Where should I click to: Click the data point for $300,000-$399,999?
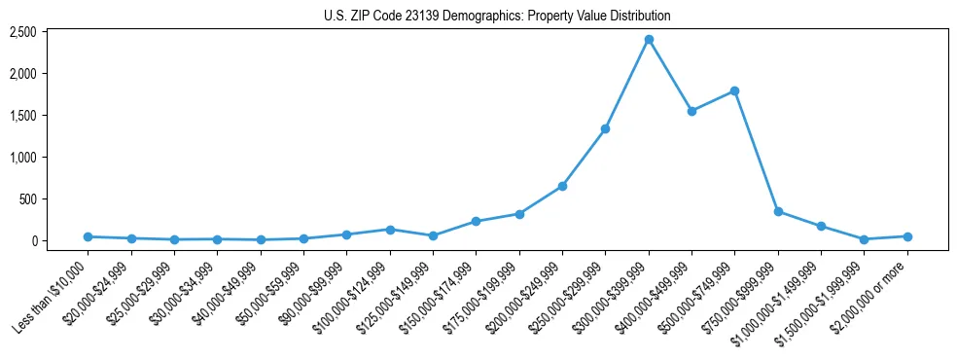[649, 40]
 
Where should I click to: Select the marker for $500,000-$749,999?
[735, 91]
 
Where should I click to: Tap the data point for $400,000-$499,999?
[691, 111]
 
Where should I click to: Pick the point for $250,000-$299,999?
[605, 128]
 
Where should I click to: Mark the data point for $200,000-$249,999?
[562, 186]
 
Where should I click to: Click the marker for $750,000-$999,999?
[778, 211]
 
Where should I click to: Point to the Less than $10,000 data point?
[88, 236]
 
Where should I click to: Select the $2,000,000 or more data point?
[907, 236]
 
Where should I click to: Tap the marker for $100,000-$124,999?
[390, 230]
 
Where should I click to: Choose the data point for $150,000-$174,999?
[476, 221]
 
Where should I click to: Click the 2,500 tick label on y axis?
[22, 32]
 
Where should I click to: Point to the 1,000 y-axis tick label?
[22, 158]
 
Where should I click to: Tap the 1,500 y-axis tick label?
[22, 116]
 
